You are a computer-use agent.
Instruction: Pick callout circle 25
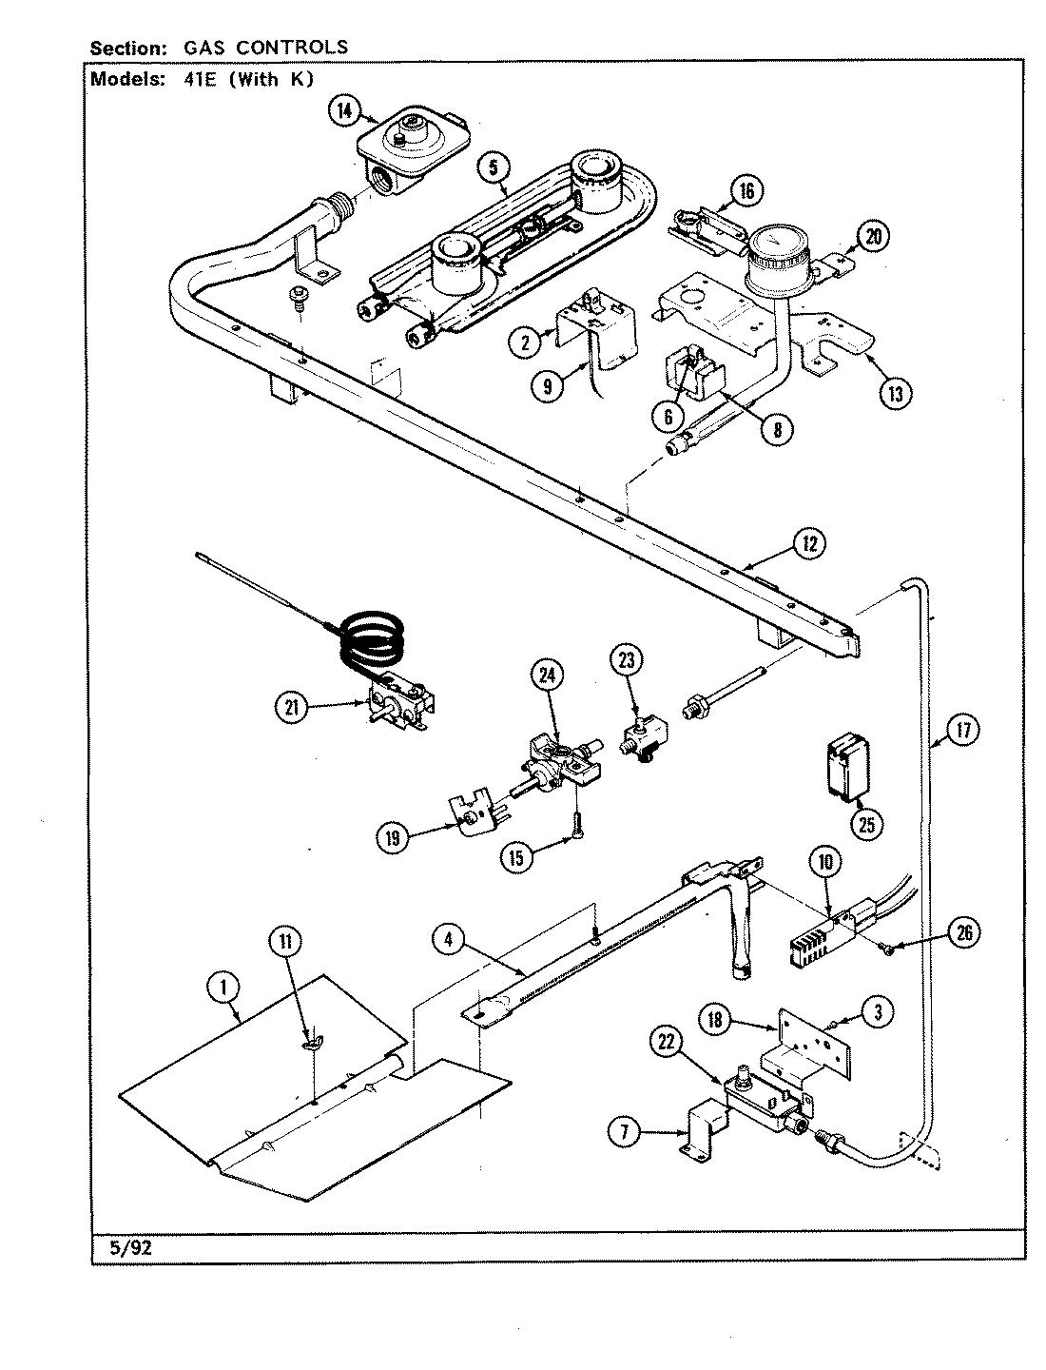866,823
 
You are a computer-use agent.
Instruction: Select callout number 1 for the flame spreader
223,988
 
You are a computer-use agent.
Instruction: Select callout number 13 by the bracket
894,393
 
